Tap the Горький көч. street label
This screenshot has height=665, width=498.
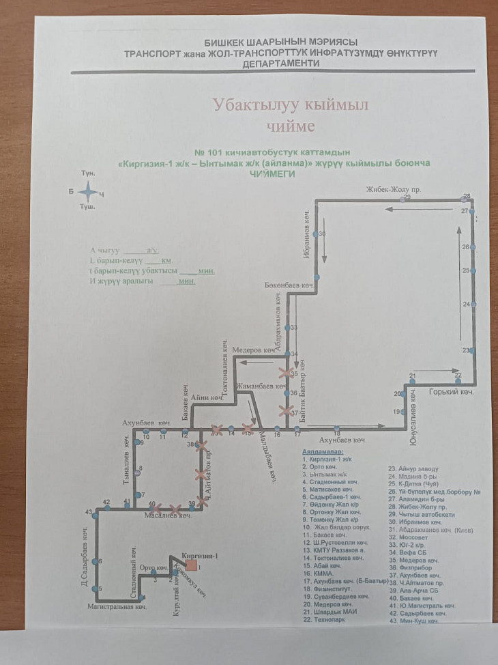pos(450,393)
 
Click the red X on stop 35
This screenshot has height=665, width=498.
pos(284,373)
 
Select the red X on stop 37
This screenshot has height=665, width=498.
pos(284,410)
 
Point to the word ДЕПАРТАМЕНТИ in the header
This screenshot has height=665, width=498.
pos(280,63)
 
